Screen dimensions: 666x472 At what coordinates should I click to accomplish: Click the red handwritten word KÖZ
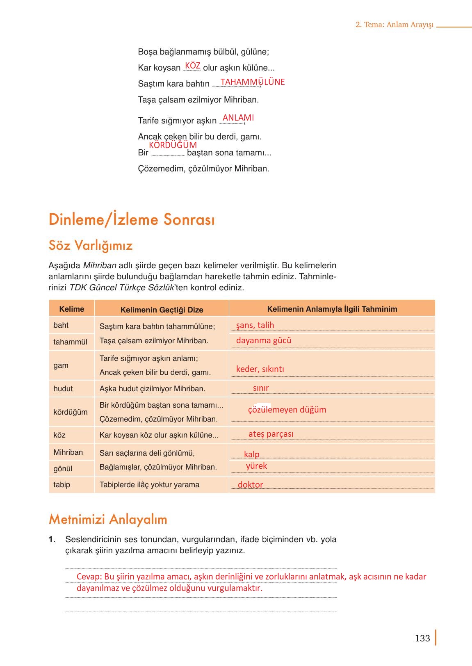(192, 66)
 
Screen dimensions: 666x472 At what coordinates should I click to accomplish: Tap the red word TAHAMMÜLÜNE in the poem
(252, 82)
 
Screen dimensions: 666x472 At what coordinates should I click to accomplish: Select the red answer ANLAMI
(238, 118)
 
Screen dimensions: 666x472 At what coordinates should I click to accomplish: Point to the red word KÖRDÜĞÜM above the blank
(173, 145)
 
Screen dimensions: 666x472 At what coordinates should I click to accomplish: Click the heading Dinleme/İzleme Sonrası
(132, 219)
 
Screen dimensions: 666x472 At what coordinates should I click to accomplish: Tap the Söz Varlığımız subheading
(91, 245)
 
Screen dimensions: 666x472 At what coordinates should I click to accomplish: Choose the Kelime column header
(72, 309)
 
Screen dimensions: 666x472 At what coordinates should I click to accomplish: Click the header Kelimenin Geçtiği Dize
(162, 310)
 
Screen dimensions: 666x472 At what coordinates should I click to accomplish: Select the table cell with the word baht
(61, 325)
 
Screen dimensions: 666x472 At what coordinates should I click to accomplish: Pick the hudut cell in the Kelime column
(63, 388)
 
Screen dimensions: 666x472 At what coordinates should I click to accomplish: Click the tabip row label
(62, 484)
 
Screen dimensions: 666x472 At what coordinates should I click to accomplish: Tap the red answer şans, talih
(255, 325)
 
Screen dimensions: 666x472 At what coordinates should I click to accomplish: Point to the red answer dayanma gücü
(264, 340)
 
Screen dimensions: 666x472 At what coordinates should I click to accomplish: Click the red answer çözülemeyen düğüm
(287, 410)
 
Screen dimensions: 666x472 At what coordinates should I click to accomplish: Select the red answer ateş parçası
(271, 434)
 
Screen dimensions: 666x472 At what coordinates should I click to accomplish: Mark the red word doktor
(250, 485)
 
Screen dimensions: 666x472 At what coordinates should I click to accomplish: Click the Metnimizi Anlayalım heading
(108, 519)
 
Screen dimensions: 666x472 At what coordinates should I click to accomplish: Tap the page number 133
(422, 638)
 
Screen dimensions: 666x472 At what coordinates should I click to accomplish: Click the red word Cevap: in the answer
(89, 577)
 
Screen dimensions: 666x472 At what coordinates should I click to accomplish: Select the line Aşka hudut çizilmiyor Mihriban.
(152, 388)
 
